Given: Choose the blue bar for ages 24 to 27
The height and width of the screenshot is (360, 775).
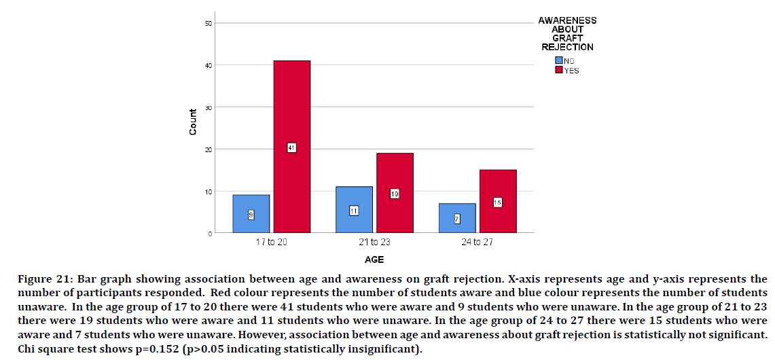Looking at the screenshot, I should (x=457, y=228).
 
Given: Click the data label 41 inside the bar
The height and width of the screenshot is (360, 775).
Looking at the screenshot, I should (x=291, y=147).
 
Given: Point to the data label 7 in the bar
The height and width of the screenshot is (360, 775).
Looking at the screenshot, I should (x=457, y=218).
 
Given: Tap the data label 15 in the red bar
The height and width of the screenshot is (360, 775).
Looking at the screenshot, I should (x=497, y=202).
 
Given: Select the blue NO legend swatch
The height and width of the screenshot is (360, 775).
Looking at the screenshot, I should (x=559, y=60).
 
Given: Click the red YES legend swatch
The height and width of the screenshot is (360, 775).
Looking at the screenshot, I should (x=559, y=70).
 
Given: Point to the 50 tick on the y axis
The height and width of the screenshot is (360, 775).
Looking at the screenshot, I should (x=209, y=24).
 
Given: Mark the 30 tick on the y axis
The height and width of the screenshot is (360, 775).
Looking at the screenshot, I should (x=209, y=107).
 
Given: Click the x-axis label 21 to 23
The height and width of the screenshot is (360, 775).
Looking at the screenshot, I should (x=374, y=242).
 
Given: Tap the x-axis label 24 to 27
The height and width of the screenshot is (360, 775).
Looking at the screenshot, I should (x=477, y=242).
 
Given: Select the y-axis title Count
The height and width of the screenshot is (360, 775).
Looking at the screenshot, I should (x=193, y=122).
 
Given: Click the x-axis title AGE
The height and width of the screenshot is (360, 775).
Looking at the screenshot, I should (x=374, y=259).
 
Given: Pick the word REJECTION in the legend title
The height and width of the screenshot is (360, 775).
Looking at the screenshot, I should (x=567, y=48).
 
